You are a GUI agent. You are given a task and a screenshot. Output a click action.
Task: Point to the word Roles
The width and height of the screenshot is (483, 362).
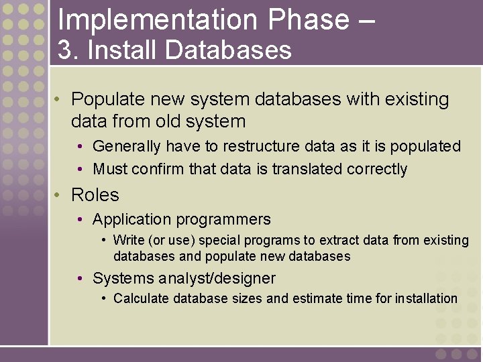95,195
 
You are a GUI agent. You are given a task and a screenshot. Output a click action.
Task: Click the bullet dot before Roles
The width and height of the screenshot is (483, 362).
58,195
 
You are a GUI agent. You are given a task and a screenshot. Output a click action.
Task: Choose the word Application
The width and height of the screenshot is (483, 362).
127,219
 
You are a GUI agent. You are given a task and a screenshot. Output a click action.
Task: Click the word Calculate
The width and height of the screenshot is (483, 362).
141,298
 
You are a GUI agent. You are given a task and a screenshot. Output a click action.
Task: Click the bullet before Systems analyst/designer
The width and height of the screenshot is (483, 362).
80,278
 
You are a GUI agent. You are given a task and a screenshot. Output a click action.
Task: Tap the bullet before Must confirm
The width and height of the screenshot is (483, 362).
80,169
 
